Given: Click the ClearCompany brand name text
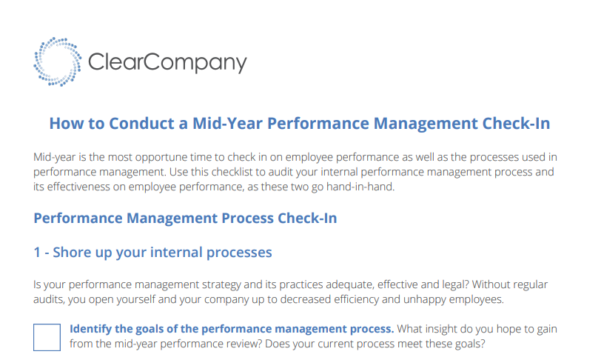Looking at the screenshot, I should [x=167, y=63].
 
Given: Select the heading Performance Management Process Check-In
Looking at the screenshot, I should [x=185, y=219].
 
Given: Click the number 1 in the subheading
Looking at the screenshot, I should [x=37, y=253].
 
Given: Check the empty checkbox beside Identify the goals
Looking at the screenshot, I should [x=47, y=336].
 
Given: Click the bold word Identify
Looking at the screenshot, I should [x=92, y=329].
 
